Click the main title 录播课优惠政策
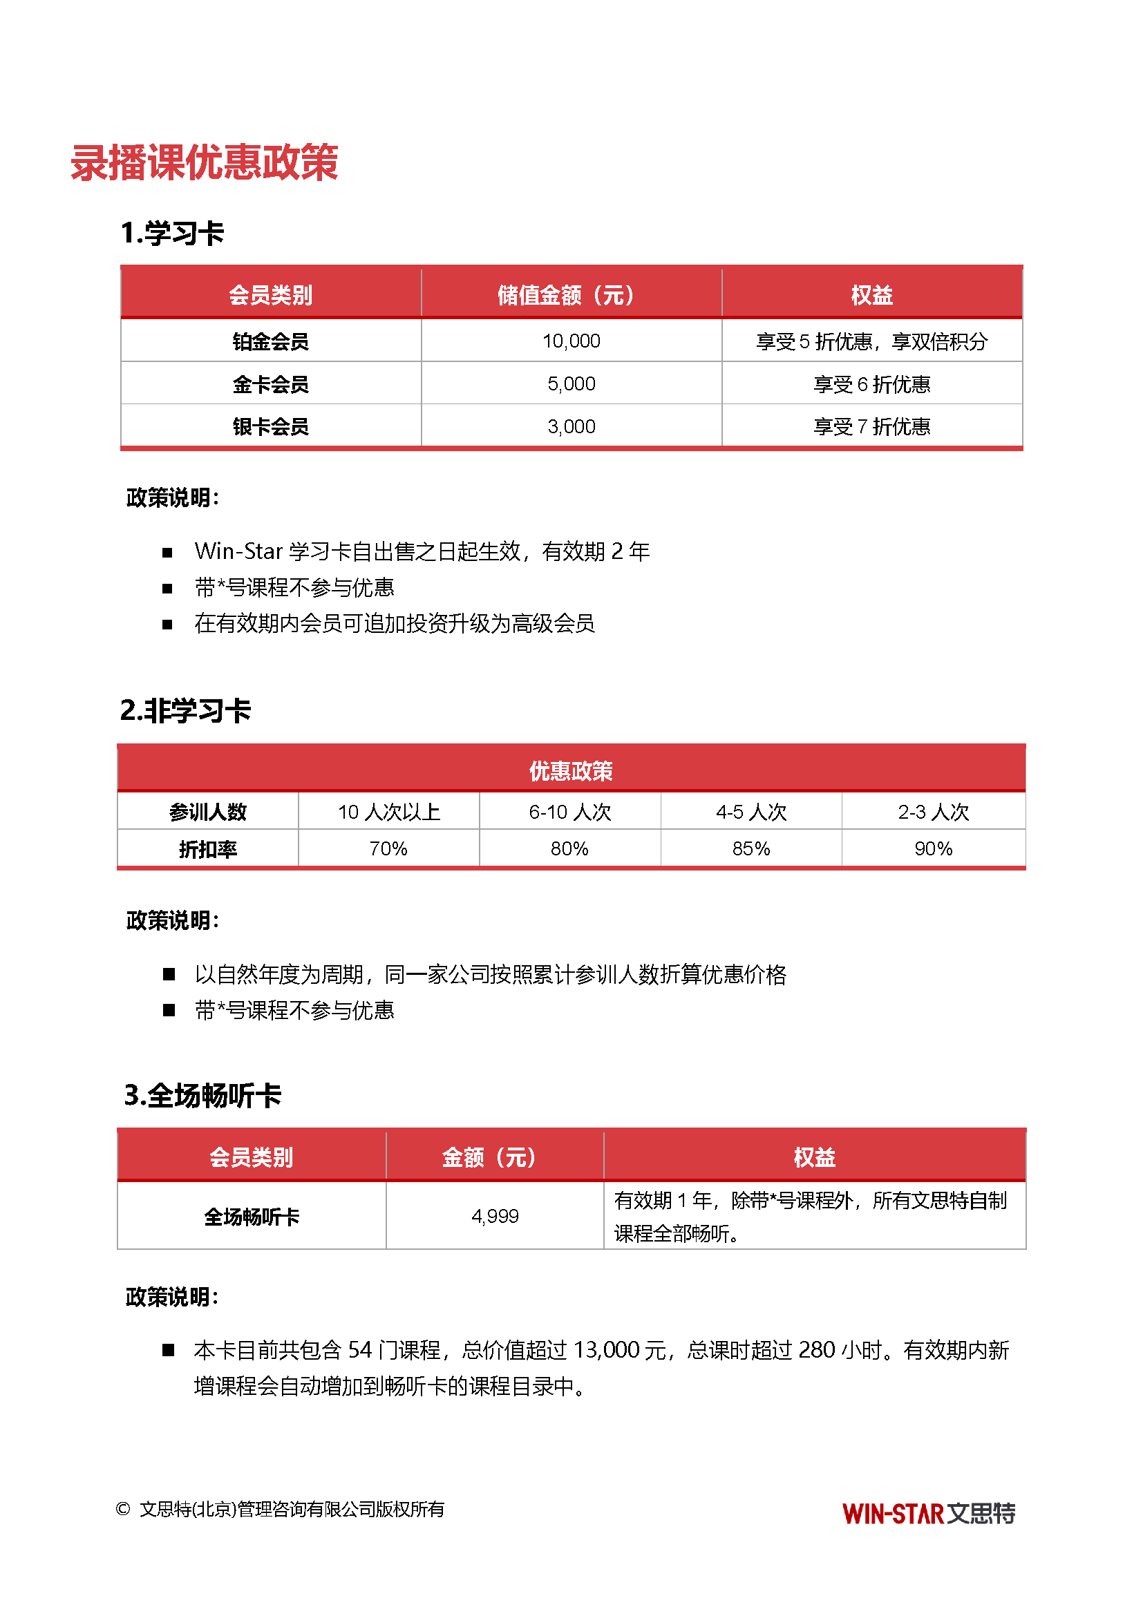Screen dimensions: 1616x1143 coord(204,162)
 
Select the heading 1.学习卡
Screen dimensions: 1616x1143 coord(173,233)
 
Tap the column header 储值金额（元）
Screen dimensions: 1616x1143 coord(571,295)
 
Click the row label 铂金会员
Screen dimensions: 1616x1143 coord(271,342)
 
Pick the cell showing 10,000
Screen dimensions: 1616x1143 coord(571,341)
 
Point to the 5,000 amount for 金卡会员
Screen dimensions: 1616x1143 coord(571,383)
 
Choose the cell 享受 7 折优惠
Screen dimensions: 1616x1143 coord(871,426)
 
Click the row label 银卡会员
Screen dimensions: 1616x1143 coord(271,426)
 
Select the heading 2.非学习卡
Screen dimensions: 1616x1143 coord(185,710)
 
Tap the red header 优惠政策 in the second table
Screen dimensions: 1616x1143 coord(571,771)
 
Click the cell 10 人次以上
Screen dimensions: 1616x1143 coord(388,812)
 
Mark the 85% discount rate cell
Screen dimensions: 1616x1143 coord(751,849)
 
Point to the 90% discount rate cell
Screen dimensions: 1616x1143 coord(933,849)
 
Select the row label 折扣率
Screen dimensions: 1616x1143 coord(207,850)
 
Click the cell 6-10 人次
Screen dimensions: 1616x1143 coord(570,812)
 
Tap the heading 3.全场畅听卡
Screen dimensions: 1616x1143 coord(202,1096)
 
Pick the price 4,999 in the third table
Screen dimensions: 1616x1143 coord(495,1216)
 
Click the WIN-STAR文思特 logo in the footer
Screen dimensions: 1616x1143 coord(928,1513)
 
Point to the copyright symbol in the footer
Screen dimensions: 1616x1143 coord(123,1509)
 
